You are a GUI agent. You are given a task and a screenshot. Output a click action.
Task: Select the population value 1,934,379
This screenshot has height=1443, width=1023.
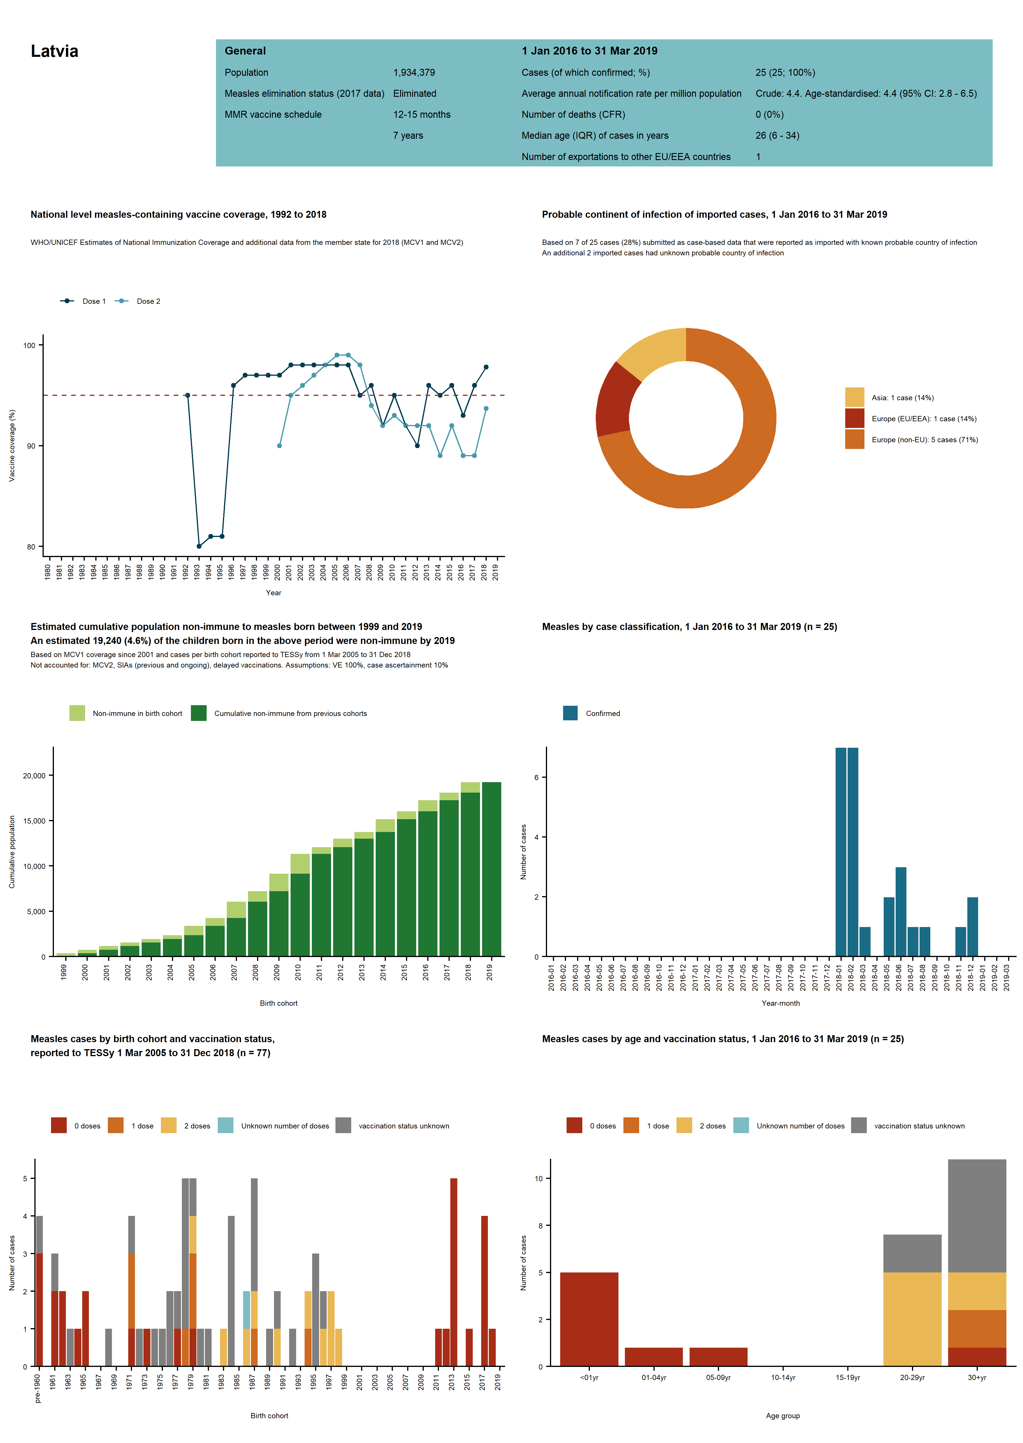[414, 73]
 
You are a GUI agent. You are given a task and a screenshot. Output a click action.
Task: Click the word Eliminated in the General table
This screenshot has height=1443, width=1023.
[414, 93]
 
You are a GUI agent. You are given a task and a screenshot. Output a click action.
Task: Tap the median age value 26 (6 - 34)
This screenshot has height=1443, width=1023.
[777, 136]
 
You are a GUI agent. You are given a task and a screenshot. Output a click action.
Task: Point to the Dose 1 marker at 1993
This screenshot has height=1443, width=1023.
[199, 546]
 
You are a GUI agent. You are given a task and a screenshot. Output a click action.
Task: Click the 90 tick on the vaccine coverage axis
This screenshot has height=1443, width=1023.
[31, 446]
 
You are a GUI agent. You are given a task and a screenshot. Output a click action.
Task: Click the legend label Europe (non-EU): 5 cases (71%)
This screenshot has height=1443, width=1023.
[925, 440]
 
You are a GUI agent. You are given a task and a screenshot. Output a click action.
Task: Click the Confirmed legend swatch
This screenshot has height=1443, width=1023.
[570, 713]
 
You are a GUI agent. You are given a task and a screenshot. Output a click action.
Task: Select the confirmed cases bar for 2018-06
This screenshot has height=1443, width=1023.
[901, 912]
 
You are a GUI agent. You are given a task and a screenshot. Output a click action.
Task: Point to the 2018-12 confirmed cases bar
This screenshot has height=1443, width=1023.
[973, 927]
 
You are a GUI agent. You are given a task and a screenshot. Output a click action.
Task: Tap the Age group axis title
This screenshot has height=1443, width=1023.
[783, 1416]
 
